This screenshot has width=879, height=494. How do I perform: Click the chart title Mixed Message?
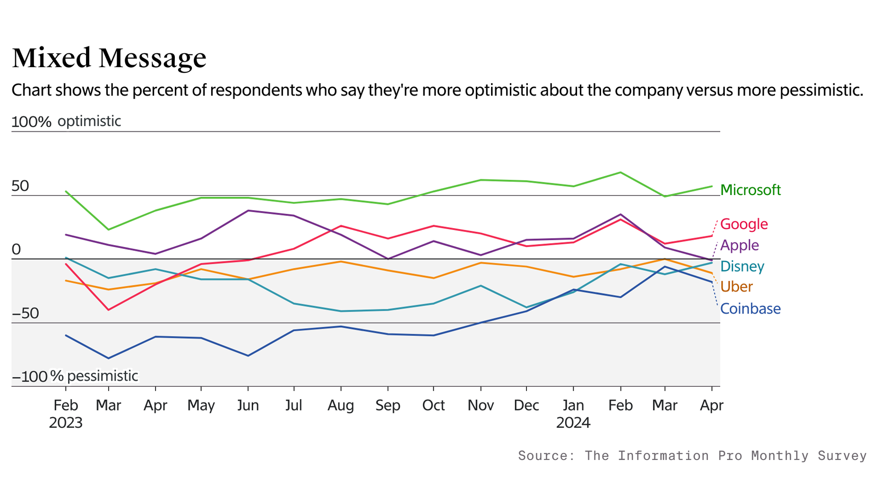coord(109,58)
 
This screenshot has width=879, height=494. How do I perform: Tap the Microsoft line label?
coord(750,190)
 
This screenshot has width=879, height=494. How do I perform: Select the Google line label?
coord(743,224)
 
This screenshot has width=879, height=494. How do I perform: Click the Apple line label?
coord(739,245)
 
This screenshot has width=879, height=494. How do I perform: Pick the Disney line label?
coord(742,266)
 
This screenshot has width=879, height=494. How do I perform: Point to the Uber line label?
coord(736,287)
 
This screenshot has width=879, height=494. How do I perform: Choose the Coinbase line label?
coord(750,308)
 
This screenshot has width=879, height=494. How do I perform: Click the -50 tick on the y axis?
coord(25,313)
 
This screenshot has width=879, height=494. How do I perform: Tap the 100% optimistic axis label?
coord(66,121)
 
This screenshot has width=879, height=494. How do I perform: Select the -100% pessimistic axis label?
coord(75,376)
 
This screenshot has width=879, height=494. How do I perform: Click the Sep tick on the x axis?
coord(388,405)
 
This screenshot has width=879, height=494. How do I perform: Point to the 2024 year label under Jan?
coord(573,422)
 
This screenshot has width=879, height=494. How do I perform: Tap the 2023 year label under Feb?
coord(66,422)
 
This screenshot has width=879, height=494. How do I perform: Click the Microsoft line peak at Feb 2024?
coord(620,172)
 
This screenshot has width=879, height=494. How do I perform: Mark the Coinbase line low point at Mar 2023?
coord(109,358)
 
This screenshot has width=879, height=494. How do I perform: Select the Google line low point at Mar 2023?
coord(109,310)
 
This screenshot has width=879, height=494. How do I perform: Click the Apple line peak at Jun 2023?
coord(248,211)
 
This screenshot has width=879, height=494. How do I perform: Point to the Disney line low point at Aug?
coord(341,311)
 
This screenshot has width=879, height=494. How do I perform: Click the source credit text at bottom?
coord(692,455)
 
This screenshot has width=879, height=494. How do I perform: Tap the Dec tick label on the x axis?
coord(526,405)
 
